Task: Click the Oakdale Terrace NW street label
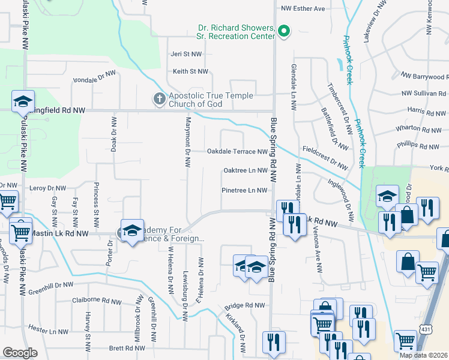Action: (237, 152)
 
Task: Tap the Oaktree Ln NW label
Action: (245, 170)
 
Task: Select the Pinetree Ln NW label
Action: (244, 191)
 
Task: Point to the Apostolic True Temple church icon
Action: (159, 98)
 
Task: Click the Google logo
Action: (20, 353)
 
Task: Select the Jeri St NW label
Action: (187, 54)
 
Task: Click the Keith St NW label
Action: (190, 71)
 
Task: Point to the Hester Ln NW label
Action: (49, 331)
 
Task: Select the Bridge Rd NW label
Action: (245, 306)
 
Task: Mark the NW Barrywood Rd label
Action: (424, 77)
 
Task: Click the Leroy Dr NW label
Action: (46, 188)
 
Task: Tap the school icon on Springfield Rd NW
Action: (23, 101)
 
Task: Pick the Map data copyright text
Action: (424, 355)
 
